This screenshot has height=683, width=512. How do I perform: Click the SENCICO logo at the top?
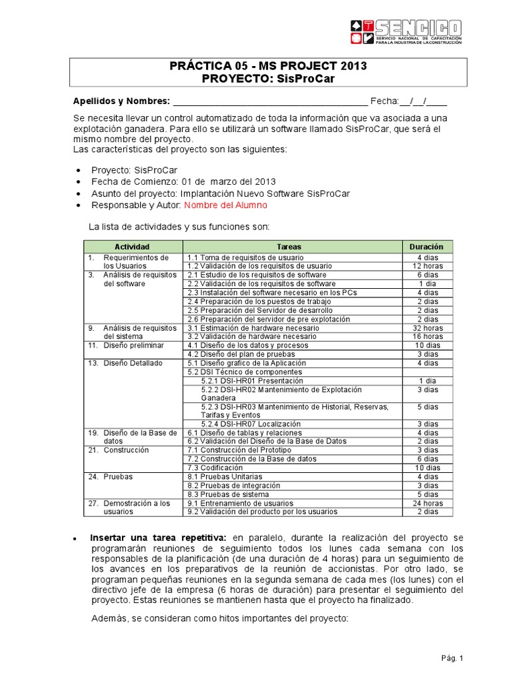(405, 32)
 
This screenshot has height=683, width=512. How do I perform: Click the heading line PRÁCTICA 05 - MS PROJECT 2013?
(268, 67)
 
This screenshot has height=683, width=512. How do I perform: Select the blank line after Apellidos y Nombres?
(270, 101)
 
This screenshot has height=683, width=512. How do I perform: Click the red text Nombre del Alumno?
(225, 205)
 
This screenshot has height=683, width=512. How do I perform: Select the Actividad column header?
(132, 247)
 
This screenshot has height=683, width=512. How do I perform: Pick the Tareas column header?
(292, 247)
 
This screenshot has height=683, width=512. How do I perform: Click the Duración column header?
(427, 247)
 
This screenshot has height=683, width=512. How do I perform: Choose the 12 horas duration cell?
(427, 266)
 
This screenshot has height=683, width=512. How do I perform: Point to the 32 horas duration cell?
(427, 328)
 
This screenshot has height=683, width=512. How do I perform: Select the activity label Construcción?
(126, 450)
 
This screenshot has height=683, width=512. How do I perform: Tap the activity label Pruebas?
(118, 477)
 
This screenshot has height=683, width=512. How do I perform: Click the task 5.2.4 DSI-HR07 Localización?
(251, 424)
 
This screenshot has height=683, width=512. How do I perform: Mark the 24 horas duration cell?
(427, 504)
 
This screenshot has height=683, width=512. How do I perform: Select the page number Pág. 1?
(451, 658)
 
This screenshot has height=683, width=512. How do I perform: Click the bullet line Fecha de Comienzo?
(183, 181)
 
